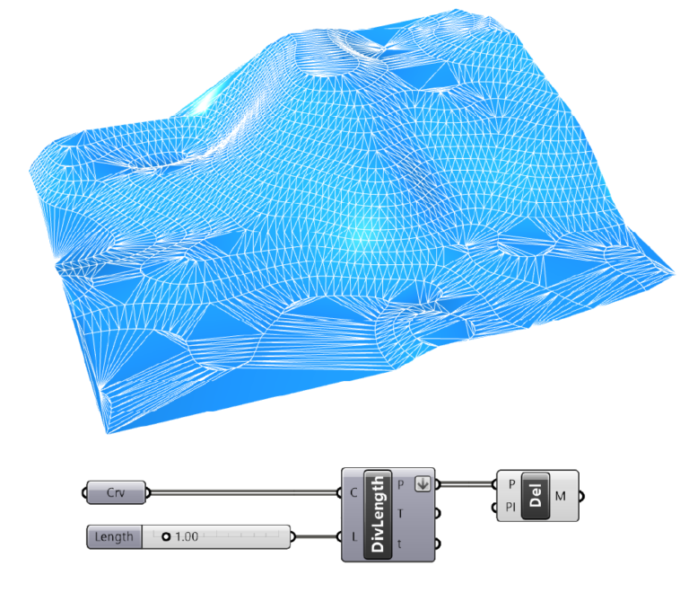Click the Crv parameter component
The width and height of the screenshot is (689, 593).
pos(116,492)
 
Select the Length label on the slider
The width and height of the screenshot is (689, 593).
pos(114,536)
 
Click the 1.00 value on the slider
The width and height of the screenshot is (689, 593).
pos(187,536)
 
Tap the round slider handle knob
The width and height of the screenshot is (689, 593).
pos(166,536)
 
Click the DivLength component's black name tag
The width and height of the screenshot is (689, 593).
pos(378,515)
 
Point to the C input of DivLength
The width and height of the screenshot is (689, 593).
pos(353,492)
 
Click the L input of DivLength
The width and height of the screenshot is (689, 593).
pos(354,536)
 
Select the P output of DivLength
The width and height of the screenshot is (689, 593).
pos(400,485)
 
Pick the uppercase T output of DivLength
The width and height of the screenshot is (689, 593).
pos(400,513)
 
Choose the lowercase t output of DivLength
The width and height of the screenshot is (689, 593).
pos(399,544)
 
